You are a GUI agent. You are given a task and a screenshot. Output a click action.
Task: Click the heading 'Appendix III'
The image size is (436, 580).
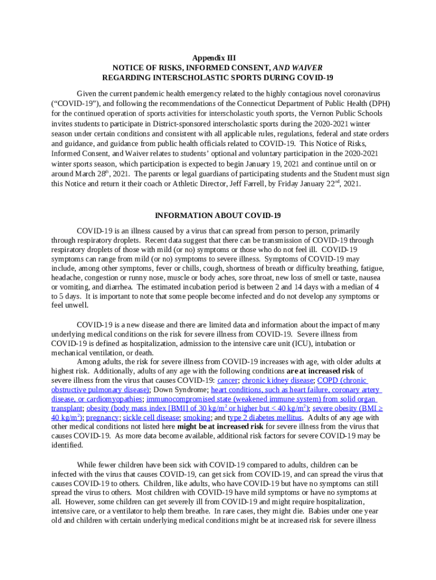[x=214, y=58]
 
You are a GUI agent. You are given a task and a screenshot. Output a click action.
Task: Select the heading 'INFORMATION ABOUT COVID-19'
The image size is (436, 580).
[x=218, y=216]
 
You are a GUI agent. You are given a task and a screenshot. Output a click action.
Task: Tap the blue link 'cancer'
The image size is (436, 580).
[x=227, y=380]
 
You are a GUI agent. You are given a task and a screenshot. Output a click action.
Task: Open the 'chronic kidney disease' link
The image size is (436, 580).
[x=277, y=380]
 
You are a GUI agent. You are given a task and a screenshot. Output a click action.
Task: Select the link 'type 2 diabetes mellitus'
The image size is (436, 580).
[x=263, y=417]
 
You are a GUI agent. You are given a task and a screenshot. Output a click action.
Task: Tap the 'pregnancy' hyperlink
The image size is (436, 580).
[x=102, y=417]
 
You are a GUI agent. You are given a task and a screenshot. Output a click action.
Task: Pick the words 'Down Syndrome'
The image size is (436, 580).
[x=181, y=390]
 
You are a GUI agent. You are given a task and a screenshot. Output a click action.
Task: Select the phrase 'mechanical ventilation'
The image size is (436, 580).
[x=89, y=352]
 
